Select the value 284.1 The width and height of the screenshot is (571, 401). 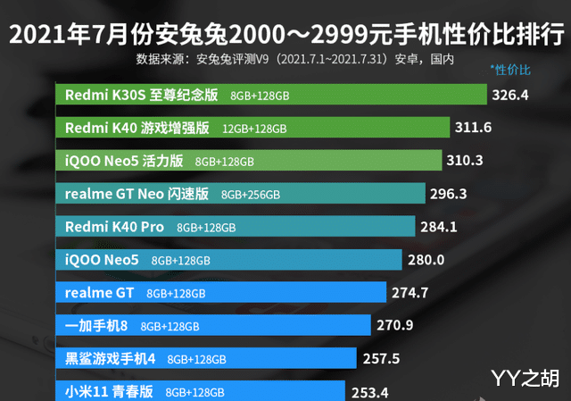coord(438,227)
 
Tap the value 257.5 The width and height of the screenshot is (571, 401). coord(381,358)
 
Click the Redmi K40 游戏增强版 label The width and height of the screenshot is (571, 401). coord(137,128)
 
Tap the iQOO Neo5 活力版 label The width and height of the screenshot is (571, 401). coord(124,161)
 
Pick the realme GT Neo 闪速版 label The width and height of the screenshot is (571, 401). coord(137,193)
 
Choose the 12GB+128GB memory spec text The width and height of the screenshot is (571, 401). coord(254,129)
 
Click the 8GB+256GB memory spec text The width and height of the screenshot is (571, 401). coord(251,194)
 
